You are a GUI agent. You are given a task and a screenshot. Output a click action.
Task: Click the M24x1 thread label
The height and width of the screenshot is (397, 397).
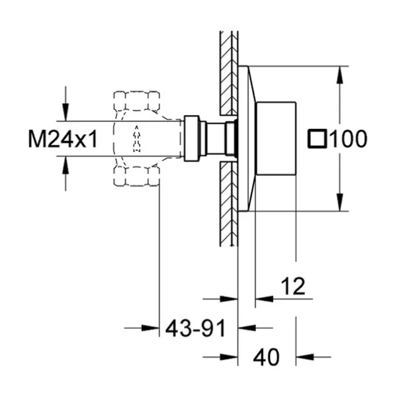63,139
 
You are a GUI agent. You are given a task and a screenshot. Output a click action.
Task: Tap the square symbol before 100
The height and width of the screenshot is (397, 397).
317,138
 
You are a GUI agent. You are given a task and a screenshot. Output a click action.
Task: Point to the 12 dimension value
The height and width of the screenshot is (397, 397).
293,286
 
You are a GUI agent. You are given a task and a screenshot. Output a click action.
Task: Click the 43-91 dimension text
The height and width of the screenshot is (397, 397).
195,328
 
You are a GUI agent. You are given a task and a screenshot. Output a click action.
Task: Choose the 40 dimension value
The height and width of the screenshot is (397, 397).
267,357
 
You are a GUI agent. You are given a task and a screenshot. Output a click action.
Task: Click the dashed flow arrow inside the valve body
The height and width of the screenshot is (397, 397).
137,138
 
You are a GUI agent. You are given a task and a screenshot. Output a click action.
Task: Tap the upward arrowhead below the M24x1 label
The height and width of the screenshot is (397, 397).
66,165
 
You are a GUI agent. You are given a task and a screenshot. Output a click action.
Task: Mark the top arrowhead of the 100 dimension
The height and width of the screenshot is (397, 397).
340,75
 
